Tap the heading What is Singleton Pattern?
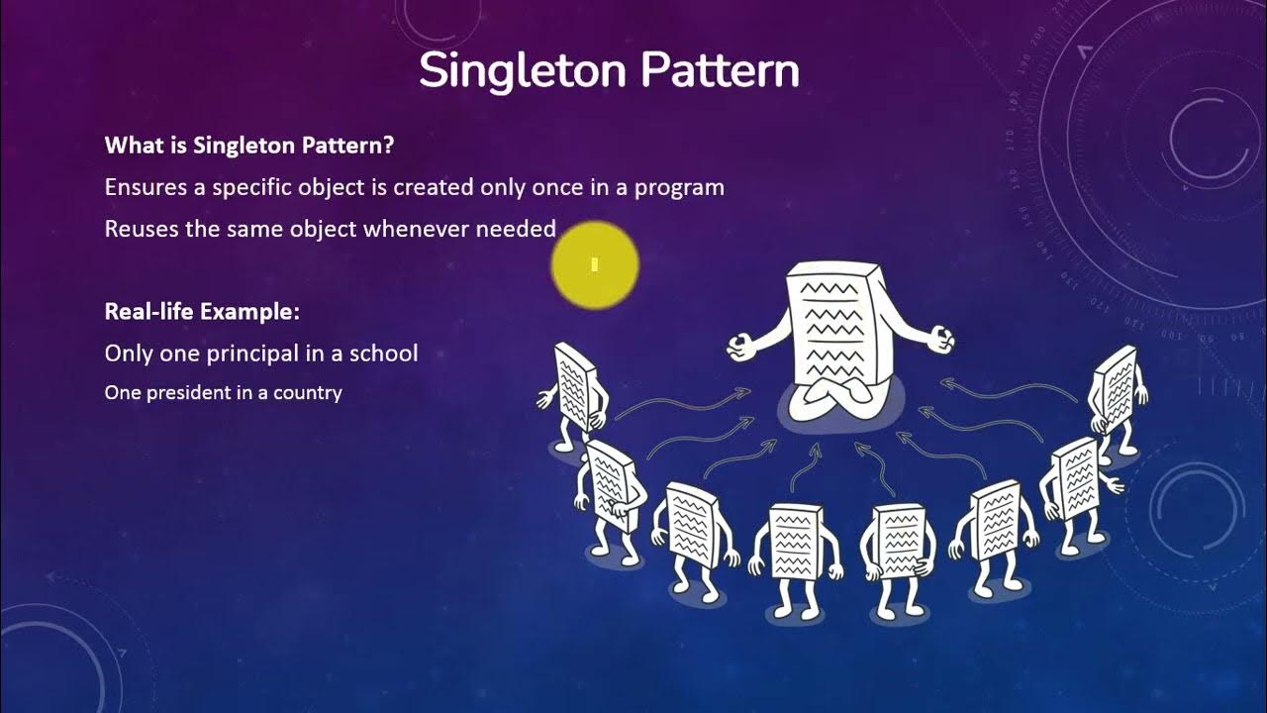(x=249, y=146)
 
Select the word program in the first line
(x=682, y=188)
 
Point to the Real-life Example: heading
(x=202, y=312)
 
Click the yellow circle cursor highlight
(x=595, y=264)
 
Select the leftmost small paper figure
(x=575, y=389)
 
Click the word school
(x=384, y=354)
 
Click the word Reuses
(x=137, y=230)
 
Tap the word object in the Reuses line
(x=323, y=230)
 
